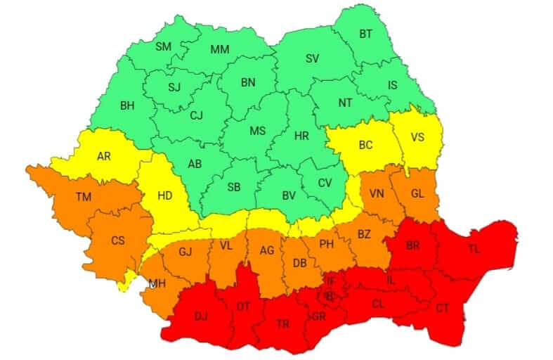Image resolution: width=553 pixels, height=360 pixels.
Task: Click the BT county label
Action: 366,33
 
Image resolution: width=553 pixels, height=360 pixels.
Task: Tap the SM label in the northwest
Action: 164,46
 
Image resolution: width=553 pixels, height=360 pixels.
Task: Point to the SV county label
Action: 312,59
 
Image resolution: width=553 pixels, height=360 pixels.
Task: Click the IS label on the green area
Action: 393,86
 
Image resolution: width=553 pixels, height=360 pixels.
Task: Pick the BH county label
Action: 127,105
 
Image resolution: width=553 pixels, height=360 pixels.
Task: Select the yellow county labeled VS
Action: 418,137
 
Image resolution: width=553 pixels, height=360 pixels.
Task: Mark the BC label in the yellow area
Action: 366,146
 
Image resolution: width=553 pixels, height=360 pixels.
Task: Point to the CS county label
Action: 118,240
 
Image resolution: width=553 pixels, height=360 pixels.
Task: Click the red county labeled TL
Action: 476,249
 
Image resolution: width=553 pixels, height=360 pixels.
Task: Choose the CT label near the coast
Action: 442,307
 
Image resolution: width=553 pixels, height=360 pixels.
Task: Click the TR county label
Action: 282,324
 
